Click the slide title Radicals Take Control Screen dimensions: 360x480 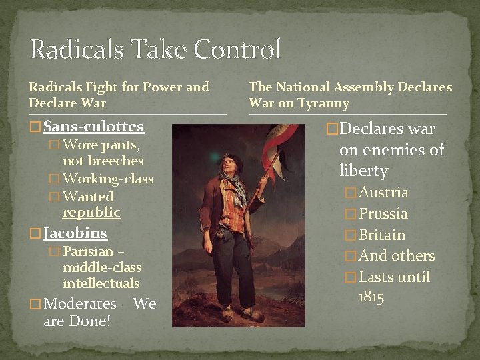tap(155, 49)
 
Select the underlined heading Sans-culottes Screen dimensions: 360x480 tap(93, 126)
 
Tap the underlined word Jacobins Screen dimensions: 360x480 tap(75, 233)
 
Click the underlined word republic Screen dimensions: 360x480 tap(91, 213)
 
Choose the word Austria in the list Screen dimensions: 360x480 tap(384, 193)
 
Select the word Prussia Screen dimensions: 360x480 tap(383, 214)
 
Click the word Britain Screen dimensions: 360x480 tap(382, 235)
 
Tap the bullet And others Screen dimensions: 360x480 tap(397, 256)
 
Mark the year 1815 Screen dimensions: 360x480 tap(371, 297)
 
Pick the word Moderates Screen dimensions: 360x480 tap(79, 304)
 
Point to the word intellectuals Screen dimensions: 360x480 tap(101, 283)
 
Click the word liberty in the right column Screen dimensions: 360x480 tap(363, 171)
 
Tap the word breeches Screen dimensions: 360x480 tap(103, 161)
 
